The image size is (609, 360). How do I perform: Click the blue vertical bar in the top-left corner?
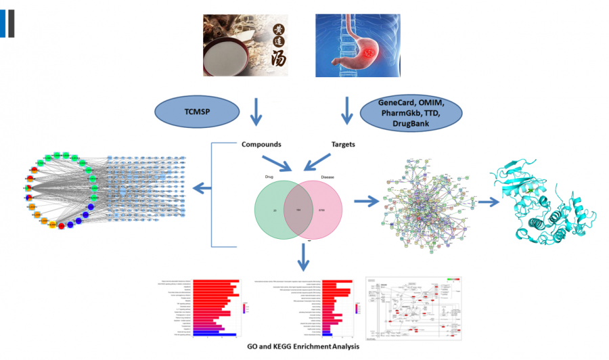coord(3,22)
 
